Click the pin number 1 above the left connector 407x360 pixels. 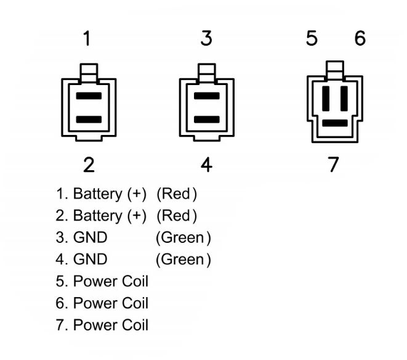click(x=87, y=38)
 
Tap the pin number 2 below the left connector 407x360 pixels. click(x=89, y=165)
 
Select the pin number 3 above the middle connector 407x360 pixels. click(x=207, y=38)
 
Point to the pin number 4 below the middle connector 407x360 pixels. click(x=207, y=165)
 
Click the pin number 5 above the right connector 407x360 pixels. click(x=312, y=38)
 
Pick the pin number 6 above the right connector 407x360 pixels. click(x=360, y=38)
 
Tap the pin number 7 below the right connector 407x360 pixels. click(x=334, y=164)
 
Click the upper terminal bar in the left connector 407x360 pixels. click(x=89, y=96)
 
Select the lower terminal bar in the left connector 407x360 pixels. click(x=89, y=120)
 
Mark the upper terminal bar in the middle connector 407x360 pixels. click(x=207, y=96)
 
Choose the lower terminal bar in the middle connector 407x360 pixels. click(x=207, y=120)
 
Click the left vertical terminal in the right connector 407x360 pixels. click(x=326, y=99)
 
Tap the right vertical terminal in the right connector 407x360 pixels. click(x=344, y=99)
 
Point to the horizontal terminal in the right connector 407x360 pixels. click(x=335, y=123)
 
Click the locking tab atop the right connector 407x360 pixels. click(x=335, y=70)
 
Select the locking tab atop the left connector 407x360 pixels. click(x=89, y=73)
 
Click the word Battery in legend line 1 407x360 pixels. click(x=98, y=194)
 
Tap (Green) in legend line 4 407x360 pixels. click(x=183, y=260)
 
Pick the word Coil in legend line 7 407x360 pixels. click(x=135, y=325)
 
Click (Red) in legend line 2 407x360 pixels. click(x=177, y=216)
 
